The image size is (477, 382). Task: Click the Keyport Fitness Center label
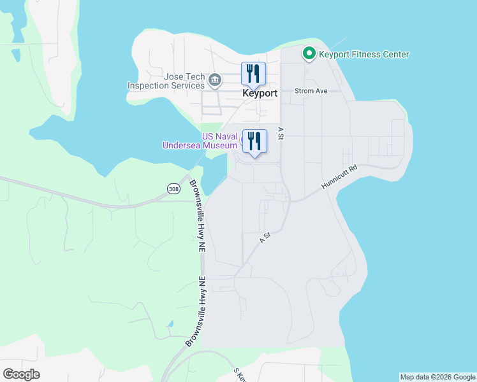[363, 55]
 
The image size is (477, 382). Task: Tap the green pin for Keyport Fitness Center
[309, 54]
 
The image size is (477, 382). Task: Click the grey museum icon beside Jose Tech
[215, 80]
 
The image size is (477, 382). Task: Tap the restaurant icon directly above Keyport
[253, 74]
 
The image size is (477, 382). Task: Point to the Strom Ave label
[311, 91]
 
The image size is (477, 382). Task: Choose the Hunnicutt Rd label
[339, 178]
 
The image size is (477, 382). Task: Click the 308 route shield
[173, 188]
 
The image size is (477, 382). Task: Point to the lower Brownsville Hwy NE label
[197, 312]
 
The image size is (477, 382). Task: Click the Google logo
[21, 374]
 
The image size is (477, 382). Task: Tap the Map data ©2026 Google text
[437, 377]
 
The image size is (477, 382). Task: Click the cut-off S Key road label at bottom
[240, 375]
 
